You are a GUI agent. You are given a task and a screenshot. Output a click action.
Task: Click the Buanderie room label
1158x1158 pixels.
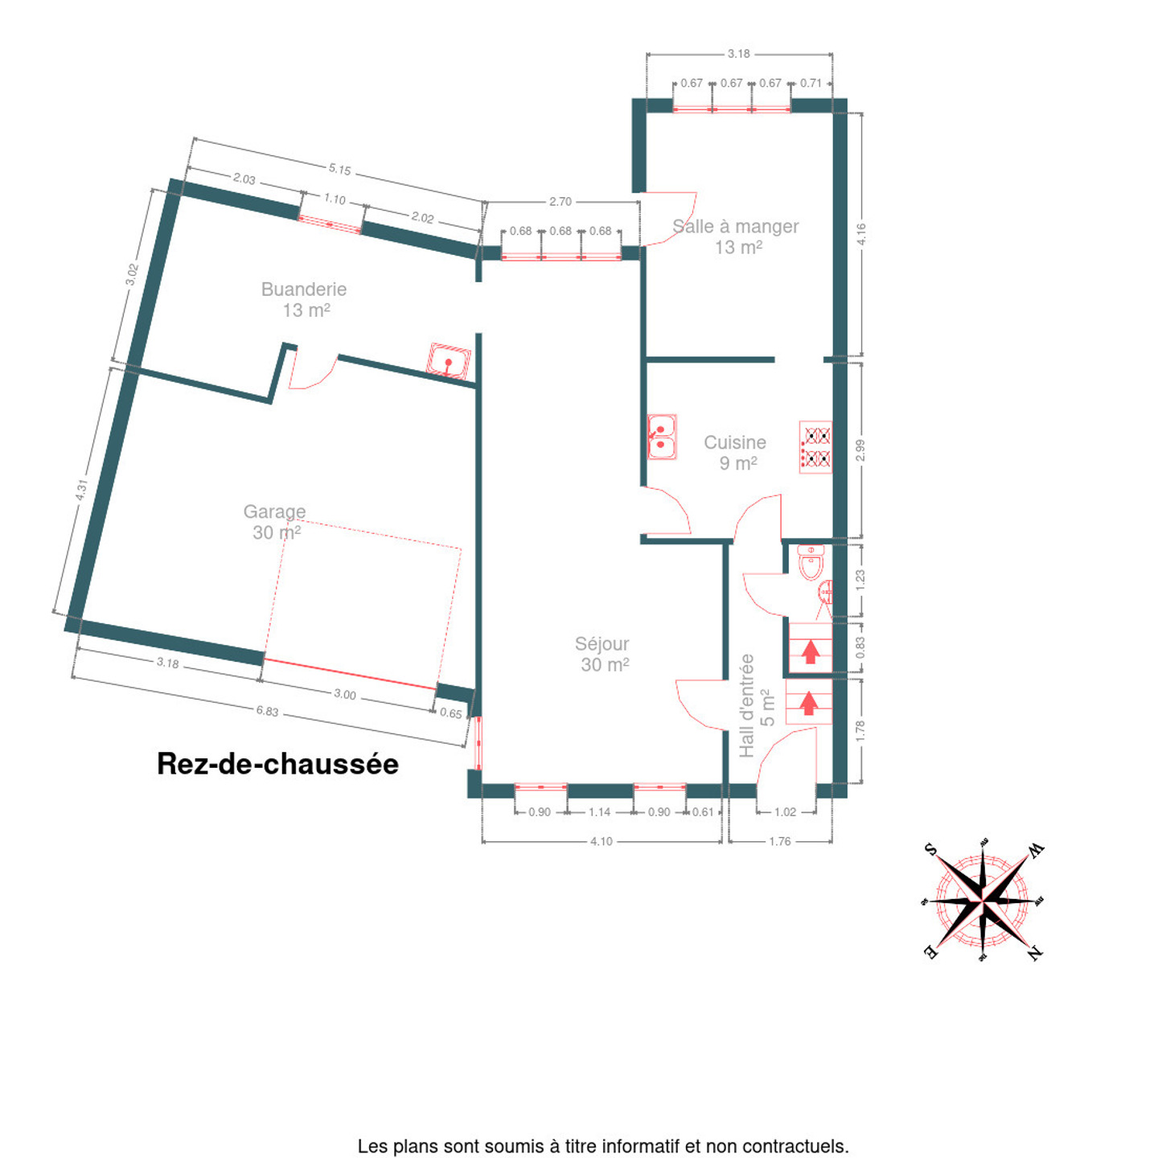[x=304, y=299]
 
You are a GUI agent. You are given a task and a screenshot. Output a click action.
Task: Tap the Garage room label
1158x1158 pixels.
[x=275, y=522]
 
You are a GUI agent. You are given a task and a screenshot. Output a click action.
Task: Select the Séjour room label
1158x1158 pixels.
[x=603, y=655]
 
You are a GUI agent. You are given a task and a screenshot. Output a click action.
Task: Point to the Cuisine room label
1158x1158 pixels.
[x=736, y=453]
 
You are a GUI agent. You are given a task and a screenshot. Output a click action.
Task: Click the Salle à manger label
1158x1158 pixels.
[x=736, y=236]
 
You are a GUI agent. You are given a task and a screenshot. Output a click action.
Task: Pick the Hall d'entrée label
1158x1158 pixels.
[x=756, y=706]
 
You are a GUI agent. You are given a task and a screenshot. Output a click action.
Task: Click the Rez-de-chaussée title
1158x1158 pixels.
[x=277, y=765]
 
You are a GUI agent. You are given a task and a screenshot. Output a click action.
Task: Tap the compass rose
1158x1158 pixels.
[x=983, y=902]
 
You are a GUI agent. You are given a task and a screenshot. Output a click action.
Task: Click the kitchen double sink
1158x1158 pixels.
[x=662, y=437]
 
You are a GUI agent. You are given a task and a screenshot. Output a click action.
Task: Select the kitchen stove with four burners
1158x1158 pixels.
[x=815, y=447]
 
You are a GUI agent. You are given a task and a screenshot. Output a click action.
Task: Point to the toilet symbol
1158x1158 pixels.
[x=811, y=562]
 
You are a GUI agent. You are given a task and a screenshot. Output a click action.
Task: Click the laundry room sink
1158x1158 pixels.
[x=449, y=361]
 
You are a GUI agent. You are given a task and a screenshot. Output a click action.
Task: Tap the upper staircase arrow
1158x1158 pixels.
[x=811, y=651]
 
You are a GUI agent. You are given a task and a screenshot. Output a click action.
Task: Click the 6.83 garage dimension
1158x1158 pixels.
[x=268, y=711]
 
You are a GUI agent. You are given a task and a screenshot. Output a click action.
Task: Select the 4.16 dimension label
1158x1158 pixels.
[x=862, y=234]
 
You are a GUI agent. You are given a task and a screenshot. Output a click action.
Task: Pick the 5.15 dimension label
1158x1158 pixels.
[x=339, y=170]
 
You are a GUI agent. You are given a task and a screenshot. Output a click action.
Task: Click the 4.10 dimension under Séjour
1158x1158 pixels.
[x=602, y=841]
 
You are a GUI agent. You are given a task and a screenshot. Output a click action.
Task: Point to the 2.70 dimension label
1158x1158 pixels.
[x=561, y=202]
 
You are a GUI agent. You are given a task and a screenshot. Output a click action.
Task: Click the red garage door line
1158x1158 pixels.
[x=350, y=674]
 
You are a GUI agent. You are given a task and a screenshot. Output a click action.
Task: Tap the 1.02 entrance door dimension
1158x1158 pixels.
[x=785, y=812]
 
